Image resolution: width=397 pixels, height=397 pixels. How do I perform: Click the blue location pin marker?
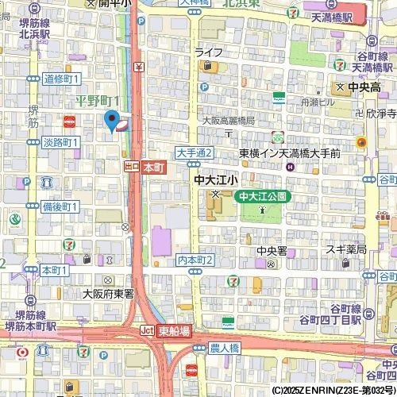[110, 121]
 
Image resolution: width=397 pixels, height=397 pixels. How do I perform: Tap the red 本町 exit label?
[153, 168]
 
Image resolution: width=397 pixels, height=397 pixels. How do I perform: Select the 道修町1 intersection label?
[61, 79]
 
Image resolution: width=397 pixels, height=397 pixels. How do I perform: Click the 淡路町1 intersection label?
[60, 142]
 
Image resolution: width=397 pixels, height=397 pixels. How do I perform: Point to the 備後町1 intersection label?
[60, 206]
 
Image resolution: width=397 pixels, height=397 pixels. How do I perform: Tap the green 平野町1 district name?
[97, 100]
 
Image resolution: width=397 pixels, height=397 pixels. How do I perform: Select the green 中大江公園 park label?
[261, 195]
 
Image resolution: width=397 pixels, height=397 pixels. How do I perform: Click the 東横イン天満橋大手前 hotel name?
[290, 152]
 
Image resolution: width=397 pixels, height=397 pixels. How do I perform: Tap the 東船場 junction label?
[174, 330]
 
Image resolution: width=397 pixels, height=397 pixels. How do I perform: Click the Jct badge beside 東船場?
[147, 330]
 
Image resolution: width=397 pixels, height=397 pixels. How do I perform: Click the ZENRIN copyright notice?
[333, 391]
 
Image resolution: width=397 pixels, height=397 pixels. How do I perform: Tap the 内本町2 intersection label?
[195, 260]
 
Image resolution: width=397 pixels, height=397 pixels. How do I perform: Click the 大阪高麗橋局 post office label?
[227, 120]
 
